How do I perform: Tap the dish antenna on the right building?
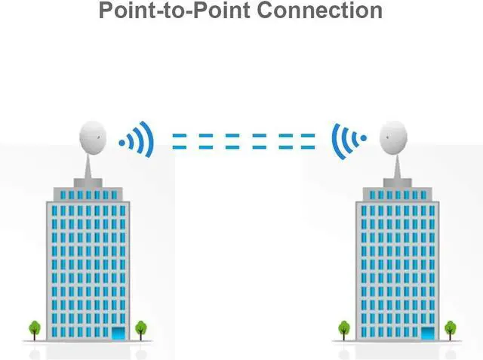[396, 137]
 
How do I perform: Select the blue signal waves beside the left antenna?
[142, 140]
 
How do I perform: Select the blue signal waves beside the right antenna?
[344, 140]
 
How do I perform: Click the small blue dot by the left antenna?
[122, 141]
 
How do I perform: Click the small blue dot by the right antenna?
[363, 139]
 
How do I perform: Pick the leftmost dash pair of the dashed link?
[179, 141]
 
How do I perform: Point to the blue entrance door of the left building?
[118, 332]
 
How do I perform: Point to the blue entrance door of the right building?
[428, 332]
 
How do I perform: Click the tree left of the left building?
[35, 328]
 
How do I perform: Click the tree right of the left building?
[140, 328]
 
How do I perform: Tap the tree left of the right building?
[344, 328]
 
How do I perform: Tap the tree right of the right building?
[451, 328]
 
